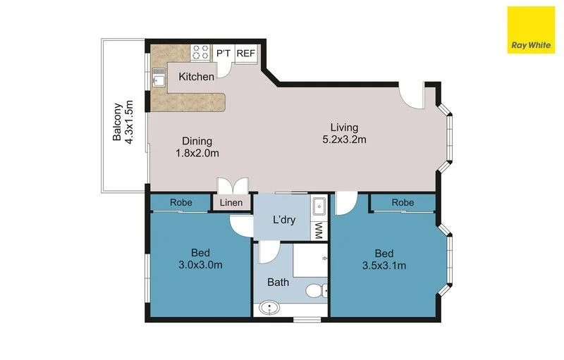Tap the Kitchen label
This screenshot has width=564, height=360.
click(196, 76)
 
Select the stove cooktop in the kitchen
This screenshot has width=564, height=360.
click(200, 51)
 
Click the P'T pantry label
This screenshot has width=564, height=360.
click(224, 54)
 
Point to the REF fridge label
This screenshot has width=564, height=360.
click(245, 54)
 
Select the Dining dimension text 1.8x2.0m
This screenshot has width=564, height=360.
click(197, 153)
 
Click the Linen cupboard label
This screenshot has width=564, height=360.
click(231, 203)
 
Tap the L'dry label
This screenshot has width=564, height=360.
click(283, 219)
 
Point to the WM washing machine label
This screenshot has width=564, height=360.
click(318, 229)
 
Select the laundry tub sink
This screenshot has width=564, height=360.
click(318, 207)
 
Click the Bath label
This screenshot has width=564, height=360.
click(277, 282)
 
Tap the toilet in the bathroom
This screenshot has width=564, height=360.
click(317, 289)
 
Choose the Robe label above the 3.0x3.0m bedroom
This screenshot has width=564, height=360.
click(180, 202)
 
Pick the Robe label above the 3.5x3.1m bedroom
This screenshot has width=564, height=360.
click(403, 202)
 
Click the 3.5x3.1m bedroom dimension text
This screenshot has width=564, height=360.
click(384, 266)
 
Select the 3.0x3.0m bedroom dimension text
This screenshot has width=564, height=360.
click(201, 266)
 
